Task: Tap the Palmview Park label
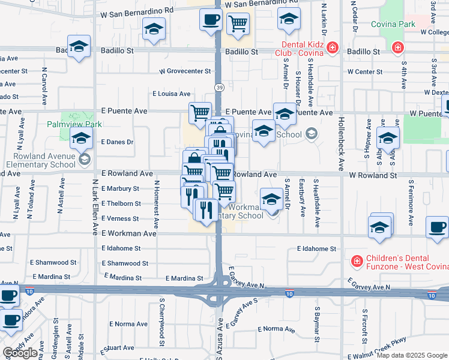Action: coord(74,125)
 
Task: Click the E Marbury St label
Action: coord(121,188)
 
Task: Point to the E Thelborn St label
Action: coord(121,203)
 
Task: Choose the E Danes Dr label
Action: coord(117,142)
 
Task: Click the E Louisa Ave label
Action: coord(171,94)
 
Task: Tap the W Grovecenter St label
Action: coord(185,71)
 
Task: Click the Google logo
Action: coord(20,353)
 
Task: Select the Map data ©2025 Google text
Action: coord(412,355)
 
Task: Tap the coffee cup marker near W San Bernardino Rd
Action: coord(211,20)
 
